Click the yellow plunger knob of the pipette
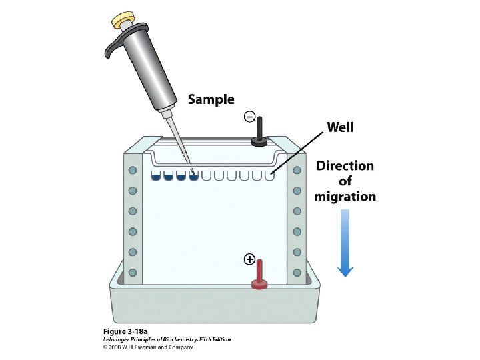[x=124, y=20]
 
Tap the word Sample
[x=211, y=100]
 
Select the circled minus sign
[x=249, y=117]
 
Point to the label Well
[x=340, y=127]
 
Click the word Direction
[x=345, y=166]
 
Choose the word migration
[x=345, y=197]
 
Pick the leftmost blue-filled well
[x=156, y=176]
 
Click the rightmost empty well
[x=269, y=176]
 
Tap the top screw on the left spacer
[x=133, y=170]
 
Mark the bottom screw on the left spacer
[x=133, y=272]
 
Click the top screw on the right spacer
[x=297, y=170]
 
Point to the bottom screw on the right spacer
[x=297, y=272]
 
